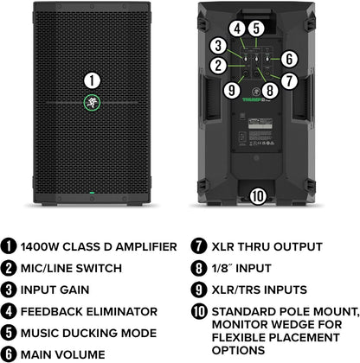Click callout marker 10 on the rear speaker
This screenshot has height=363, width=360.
(x=258, y=194)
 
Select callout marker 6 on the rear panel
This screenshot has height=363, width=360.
(x=288, y=60)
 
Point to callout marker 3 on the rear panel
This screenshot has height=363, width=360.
(x=221, y=46)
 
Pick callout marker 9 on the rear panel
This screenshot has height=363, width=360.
(x=230, y=88)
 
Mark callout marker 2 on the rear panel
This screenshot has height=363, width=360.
(x=221, y=66)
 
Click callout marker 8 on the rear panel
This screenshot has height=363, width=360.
(x=270, y=89)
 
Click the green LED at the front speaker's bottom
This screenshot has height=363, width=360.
(x=91, y=191)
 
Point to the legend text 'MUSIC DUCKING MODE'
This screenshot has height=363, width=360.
(x=93, y=332)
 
